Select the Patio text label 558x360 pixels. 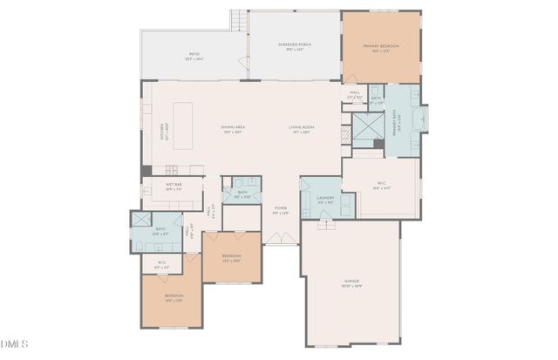coord(194,57)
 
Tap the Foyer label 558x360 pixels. coord(281,210)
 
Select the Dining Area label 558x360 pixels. coord(232,130)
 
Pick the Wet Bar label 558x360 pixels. coord(174,186)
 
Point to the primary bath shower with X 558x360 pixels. coord(364,128)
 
